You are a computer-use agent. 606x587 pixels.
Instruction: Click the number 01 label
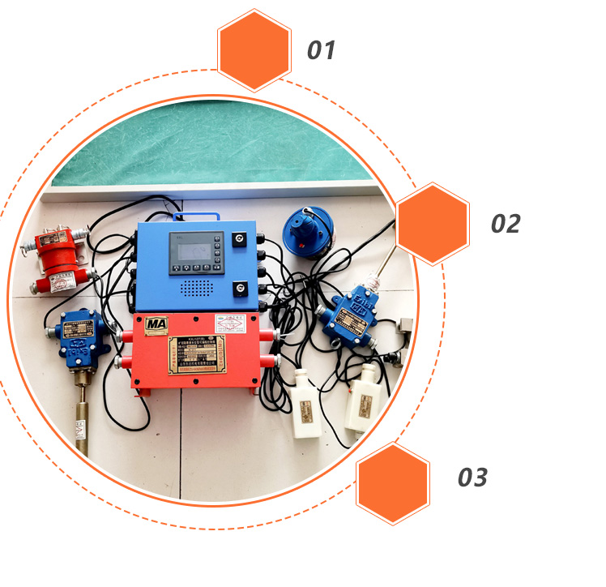coord(321,50)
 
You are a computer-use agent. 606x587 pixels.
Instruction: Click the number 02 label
coord(505,223)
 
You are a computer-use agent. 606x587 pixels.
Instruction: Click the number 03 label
coord(472,478)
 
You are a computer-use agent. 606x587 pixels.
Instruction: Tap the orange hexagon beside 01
coord(254,49)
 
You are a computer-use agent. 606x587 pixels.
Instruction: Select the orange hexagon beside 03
coord(393,482)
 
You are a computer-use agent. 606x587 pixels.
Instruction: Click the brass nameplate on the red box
coord(198,356)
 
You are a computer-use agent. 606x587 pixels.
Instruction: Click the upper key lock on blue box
coord(240,240)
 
